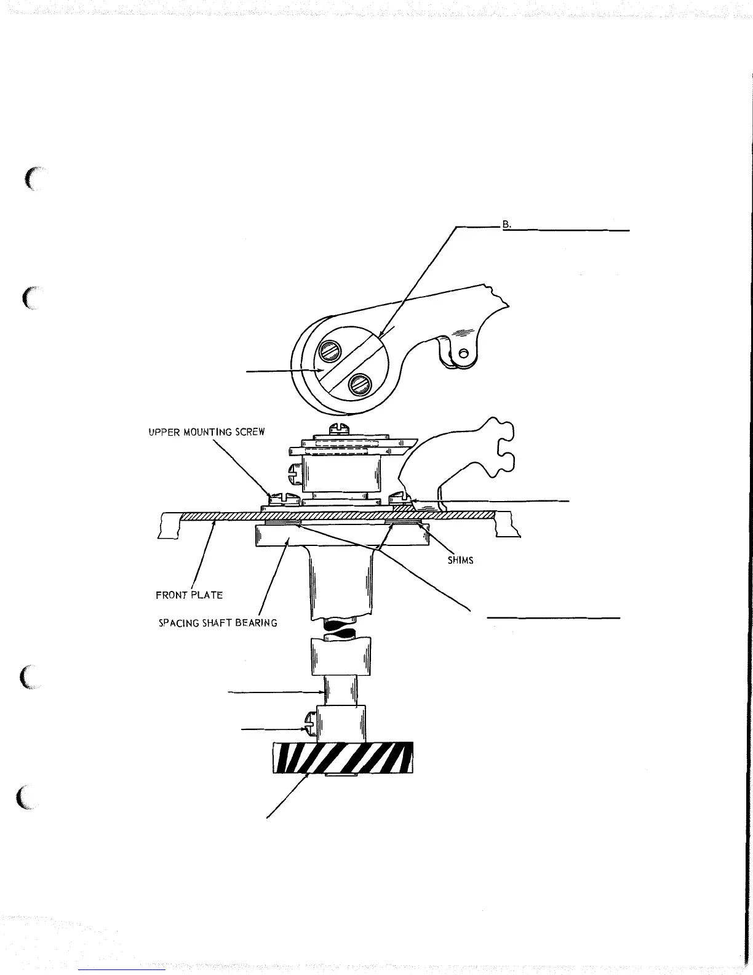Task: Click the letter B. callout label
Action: [x=507, y=225]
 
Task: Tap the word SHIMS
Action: [x=460, y=561]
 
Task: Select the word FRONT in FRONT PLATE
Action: [x=172, y=595]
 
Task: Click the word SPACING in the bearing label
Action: [x=179, y=623]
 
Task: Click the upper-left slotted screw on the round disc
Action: [x=327, y=353]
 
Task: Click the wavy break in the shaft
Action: [x=340, y=628]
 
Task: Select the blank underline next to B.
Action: [x=568, y=230]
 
